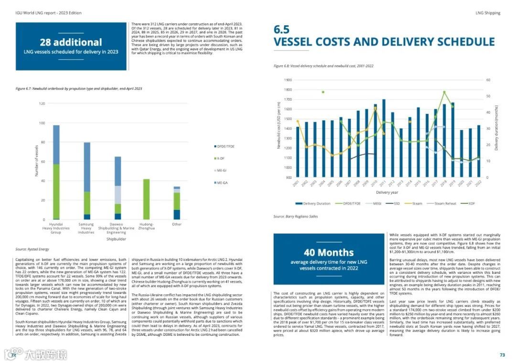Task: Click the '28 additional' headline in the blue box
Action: click(71, 42)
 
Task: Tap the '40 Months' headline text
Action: click(329, 252)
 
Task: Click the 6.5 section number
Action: click(282, 30)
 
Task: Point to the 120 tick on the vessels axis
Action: click(41, 104)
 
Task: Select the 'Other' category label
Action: click(177, 224)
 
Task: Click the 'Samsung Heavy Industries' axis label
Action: click(86, 228)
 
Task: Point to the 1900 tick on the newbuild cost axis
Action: click(287, 80)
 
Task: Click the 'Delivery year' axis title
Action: click(386, 192)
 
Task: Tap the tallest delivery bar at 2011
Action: click(384, 138)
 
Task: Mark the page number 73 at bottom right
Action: click(502, 355)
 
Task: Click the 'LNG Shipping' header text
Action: click(488, 13)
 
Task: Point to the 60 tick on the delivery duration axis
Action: click(489, 80)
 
